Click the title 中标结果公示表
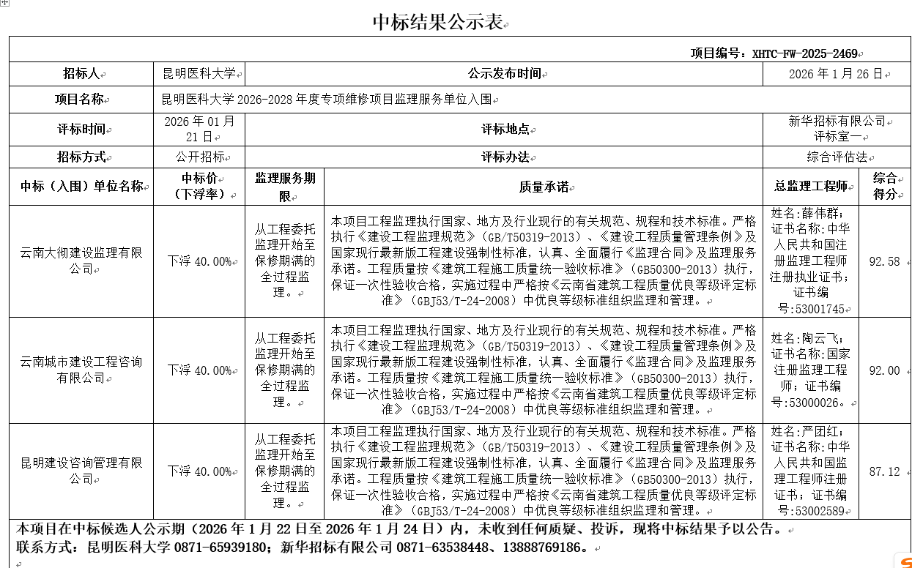(x=438, y=22)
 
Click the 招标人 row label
(x=81, y=74)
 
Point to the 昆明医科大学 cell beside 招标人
(x=199, y=74)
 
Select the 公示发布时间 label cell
(x=504, y=74)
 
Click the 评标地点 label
(x=504, y=129)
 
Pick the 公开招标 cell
(x=199, y=157)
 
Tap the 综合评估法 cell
(x=837, y=157)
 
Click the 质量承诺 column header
(x=544, y=187)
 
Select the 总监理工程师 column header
(x=810, y=187)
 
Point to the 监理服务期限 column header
(x=285, y=187)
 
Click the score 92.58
(x=884, y=261)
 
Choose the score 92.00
(x=884, y=370)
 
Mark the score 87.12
(x=884, y=471)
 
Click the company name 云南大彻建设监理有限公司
(x=81, y=261)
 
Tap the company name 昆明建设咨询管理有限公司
(x=81, y=471)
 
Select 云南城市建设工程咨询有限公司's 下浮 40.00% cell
(x=199, y=370)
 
